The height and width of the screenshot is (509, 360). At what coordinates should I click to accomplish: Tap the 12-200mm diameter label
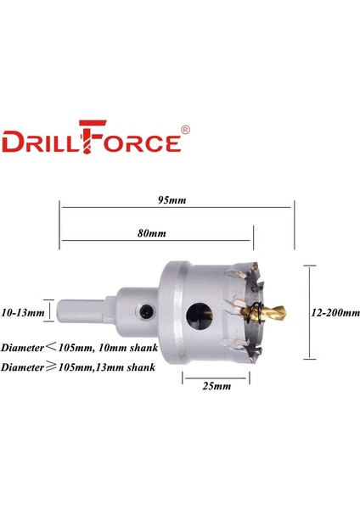coord(331,312)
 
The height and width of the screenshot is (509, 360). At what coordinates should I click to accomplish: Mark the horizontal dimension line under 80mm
coord(156,241)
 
